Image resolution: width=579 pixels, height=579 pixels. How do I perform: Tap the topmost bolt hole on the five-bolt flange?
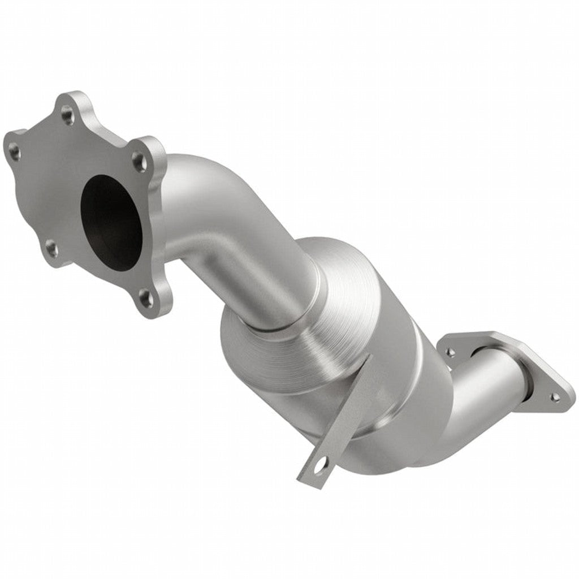67,116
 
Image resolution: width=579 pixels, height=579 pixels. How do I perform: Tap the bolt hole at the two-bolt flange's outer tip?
556,397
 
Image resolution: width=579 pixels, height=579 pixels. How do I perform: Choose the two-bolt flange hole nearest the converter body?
451,352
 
